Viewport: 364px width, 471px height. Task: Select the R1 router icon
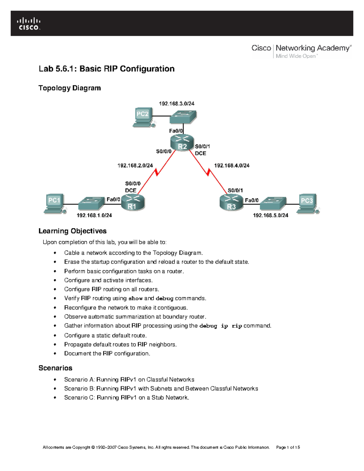(x=133, y=203)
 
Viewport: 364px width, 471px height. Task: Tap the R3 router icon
(x=231, y=203)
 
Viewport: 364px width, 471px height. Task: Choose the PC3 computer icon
(x=308, y=204)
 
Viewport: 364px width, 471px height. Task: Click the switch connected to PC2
(x=183, y=116)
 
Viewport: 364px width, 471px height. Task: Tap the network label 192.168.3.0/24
(x=177, y=103)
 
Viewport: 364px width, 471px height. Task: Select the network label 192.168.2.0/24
(x=135, y=166)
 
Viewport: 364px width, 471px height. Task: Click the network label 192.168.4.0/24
(x=232, y=166)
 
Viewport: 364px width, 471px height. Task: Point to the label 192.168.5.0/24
(x=271, y=215)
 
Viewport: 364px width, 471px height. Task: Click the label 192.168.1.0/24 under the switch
(x=94, y=215)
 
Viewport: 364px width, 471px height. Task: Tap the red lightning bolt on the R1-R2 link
(x=157, y=172)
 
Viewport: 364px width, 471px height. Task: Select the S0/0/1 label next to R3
(x=235, y=190)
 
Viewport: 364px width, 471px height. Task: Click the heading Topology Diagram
(x=69, y=88)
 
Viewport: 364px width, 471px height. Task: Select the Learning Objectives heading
(x=72, y=231)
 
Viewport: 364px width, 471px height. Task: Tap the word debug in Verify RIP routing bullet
(x=164, y=298)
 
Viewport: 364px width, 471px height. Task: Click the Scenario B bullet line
(x=161, y=389)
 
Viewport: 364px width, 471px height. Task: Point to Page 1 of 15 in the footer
(x=288, y=447)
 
